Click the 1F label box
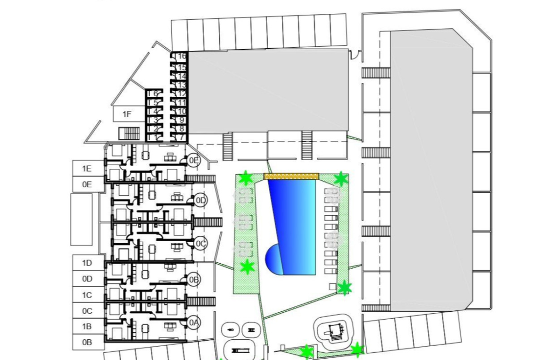pos(127,114)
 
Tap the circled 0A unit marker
pos(194,323)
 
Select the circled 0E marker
pos(194,160)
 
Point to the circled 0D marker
pos(201,200)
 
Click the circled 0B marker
pos(194,279)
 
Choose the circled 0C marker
pos(201,244)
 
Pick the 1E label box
pos(87,168)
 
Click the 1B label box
pos(87,327)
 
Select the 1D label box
pos(87,263)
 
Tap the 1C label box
pos(87,295)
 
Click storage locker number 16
pos(182,56)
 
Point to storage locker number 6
pos(156,94)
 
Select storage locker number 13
pos(181,85)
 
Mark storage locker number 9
pos(181,120)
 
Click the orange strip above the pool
pos(291,176)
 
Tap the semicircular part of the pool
pos(273,259)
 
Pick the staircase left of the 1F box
pos(129,133)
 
